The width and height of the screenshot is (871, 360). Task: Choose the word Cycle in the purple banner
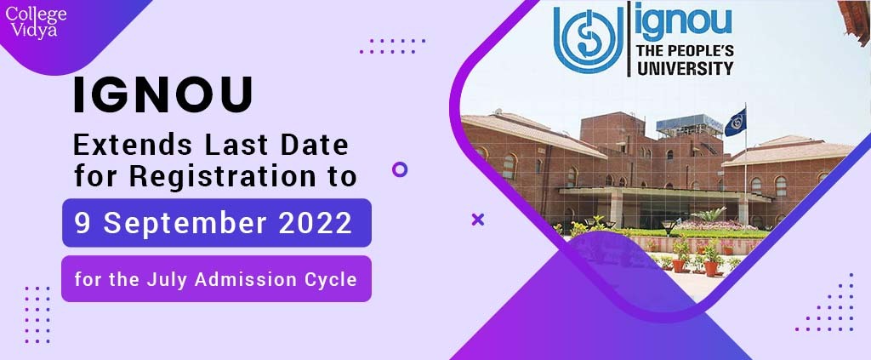[x=330, y=278]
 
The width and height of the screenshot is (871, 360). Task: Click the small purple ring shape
[x=400, y=169]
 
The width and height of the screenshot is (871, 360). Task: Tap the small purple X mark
[x=478, y=220]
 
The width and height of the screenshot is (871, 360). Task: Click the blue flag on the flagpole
[x=736, y=123]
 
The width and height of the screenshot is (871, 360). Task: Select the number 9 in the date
[x=83, y=223]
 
